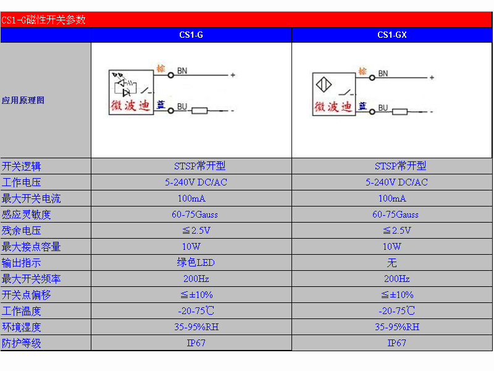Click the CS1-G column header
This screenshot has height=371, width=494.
[x=191, y=35]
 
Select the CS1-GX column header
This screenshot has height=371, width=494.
[x=392, y=35]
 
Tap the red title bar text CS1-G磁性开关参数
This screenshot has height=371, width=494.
[x=43, y=20]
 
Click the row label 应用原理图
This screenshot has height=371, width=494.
[x=23, y=100]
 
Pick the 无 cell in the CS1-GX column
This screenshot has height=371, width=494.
[x=391, y=263]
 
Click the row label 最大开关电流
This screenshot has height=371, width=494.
[x=31, y=198]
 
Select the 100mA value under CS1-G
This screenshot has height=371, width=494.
[x=191, y=198]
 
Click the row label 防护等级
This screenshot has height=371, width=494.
[x=21, y=343]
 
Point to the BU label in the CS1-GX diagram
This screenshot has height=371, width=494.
[x=383, y=108]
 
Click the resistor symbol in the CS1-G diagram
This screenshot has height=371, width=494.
[x=199, y=111]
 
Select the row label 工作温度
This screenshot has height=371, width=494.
[x=21, y=311]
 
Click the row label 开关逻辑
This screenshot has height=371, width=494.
[x=21, y=166]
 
